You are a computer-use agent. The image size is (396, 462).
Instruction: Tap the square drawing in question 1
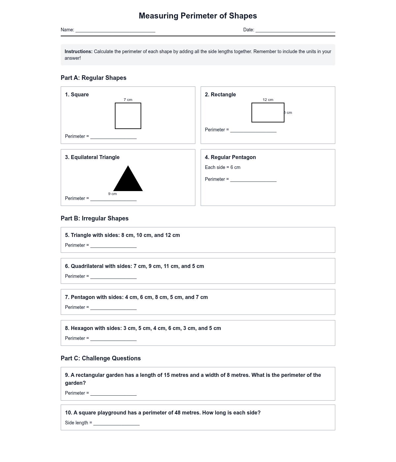point(128,116)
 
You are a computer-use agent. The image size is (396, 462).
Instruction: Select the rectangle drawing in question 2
point(268,113)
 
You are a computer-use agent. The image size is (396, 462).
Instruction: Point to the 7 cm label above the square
point(128,100)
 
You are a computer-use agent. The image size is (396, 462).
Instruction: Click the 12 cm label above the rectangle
point(268,100)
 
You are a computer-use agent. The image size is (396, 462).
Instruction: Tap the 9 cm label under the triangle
point(113,194)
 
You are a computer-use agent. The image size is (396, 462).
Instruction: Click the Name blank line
point(115,30)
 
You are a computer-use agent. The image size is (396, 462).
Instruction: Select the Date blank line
point(295,30)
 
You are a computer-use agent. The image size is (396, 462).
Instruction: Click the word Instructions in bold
point(79,51)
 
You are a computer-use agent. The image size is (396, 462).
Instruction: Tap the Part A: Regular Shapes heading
point(93,78)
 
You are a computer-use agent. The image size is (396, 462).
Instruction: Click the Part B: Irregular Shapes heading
point(95,218)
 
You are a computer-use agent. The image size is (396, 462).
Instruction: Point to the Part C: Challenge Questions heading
point(101,358)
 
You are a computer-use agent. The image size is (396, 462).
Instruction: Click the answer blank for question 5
point(114,246)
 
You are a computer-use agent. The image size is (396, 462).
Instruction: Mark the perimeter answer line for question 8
point(114,339)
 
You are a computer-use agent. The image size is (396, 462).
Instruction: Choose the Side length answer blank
point(116,423)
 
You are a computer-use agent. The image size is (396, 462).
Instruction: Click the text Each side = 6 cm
point(223,167)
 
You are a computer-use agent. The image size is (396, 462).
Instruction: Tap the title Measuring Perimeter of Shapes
point(198,16)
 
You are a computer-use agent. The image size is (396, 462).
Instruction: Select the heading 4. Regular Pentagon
point(230,157)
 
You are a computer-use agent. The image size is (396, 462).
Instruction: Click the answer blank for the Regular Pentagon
point(253,180)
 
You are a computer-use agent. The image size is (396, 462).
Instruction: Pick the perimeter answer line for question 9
point(114,394)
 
